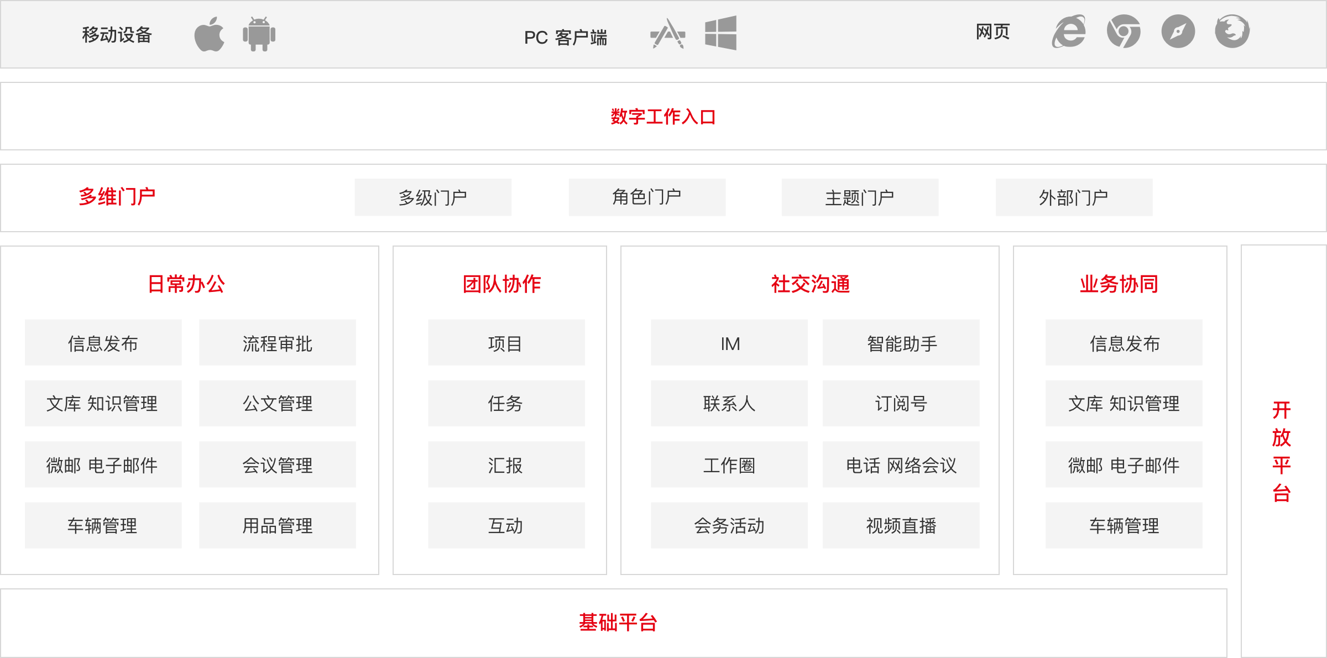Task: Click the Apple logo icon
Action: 210,34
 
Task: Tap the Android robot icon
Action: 259,34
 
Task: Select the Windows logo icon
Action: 720,33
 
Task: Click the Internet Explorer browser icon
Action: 1068,32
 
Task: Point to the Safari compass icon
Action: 1178,32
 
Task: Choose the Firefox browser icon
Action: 1232,32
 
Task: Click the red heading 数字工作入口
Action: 663,117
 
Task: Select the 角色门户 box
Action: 646,197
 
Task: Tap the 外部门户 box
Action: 1073,197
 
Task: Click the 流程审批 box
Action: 277,343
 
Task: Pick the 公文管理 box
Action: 277,404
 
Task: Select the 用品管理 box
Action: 277,525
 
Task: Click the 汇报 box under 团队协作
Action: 506,465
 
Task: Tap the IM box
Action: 729,343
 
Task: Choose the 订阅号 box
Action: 901,404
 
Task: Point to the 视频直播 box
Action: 901,525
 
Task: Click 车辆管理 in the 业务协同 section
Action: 1124,525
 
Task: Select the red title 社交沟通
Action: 810,284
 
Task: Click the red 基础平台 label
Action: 618,623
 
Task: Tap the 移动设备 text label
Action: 117,35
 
